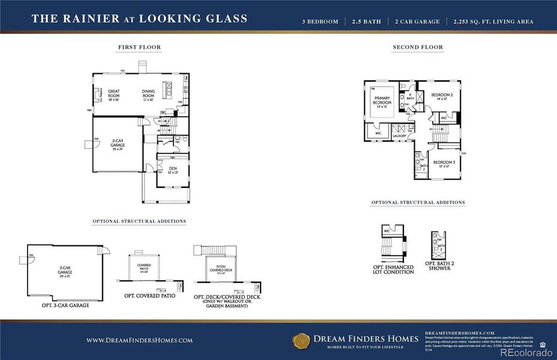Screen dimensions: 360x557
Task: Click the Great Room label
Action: coord(113,94)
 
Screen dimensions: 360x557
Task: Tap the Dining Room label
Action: coord(148,94)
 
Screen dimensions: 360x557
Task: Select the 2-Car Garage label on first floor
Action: coord(118,145)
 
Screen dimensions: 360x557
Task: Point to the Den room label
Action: coord(172,170)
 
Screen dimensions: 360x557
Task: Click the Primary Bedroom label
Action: coord(382,100)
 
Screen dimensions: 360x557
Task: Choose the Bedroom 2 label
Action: coord(443,96)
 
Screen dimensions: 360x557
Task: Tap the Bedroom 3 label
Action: coord(444,163)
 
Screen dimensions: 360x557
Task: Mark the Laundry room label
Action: coord(400,136)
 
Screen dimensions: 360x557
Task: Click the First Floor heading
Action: coord(139,47)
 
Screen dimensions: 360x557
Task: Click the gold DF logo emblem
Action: coord(301,341)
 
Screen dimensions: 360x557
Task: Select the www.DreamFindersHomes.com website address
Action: coord(139,340)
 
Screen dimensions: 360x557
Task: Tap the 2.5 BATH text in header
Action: coord(367,22)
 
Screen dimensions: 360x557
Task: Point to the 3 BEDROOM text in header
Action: coord(320,22)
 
